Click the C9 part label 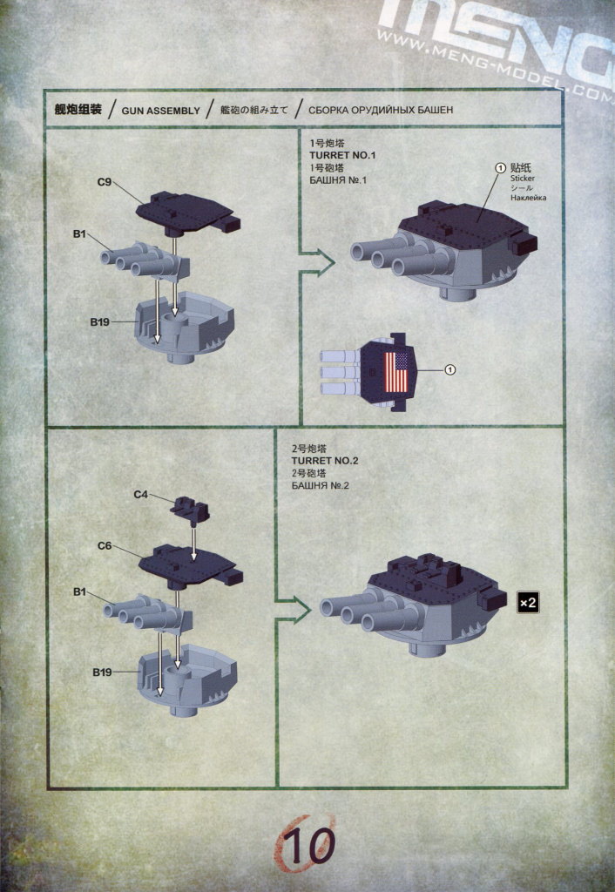click(x=103, y=182)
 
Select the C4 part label click(x=141, y=495)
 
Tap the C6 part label click(x=105, y=546)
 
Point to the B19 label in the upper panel click(x=100, y=321)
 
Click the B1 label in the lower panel click(x=81, y=591)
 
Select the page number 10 click(x=309, y=845)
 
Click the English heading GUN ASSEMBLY click(x=160, y=111)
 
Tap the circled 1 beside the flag click(x=450, y=370)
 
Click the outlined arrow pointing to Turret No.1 click(x=318, y=260)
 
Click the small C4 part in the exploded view click(x=186, y=505)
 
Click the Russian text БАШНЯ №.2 click(x=317, y=485)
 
